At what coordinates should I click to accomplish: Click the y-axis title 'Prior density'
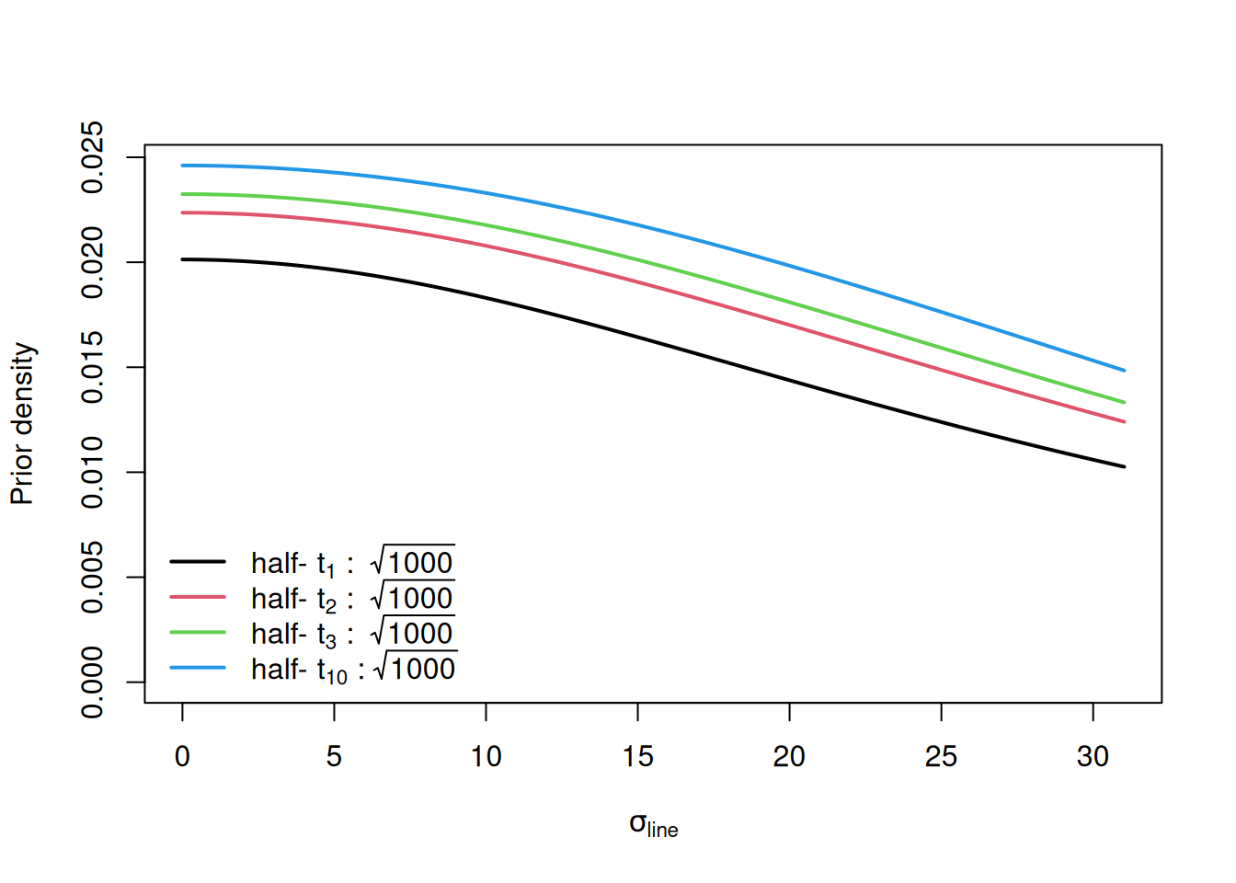pyautogui.click(x=22, y=424)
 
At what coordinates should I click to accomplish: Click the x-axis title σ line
pyautogui.click(x=653, y=825)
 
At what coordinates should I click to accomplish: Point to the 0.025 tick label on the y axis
pyautogui.click(x=93, y=157)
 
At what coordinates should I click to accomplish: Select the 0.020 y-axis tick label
pyautogui.click(x=93, y=263)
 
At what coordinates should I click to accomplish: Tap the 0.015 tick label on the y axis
pyautogui.click(x=93, y=368)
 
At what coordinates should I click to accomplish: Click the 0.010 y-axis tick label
pyautogui.click(x=93, y=473)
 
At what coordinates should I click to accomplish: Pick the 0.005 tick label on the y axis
pyautogui.click(x=93, y=578)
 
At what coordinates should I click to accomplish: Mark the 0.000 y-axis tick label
pyautogui.click(x=93, y=682)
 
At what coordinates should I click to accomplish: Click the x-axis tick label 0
pyautogui.click(x=182, y=756)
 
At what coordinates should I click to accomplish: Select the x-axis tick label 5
pyautogui.click(x=334, y=756)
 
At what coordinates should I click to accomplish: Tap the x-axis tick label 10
pyautogui.click(x=486, y=756)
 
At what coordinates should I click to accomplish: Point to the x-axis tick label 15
pyautogui.click(x=637, y=756)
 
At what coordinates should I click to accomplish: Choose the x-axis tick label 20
pyautogui.click(x=789, y=756)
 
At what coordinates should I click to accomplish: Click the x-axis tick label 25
pyautogui.click(x=941, y=756)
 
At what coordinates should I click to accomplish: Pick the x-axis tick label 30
pyautogui.click(x=1093, y=756)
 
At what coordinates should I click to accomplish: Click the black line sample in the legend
pyautogui.click(x=198, y=561)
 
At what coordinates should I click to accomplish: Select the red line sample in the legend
pyautogui.click(x=198, y=597)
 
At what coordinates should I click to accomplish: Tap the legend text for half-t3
pyautogui.click(x=352, y=634)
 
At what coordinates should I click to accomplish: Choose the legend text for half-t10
pyautogui.click(x=353, y=670)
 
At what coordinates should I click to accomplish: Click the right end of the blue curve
pyautogui.click(x=1124, y=371)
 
